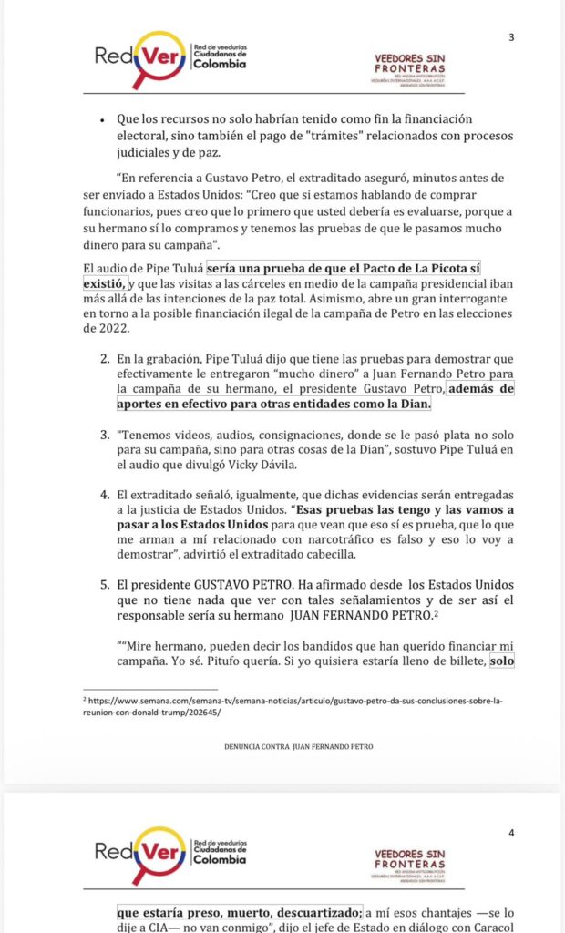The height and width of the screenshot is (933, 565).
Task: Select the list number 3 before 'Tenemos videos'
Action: (x=105, y=433)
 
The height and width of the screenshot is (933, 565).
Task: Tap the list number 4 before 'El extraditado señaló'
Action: (x=105, y=491)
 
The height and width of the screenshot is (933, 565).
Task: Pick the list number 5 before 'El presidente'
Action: (x=105, y=583)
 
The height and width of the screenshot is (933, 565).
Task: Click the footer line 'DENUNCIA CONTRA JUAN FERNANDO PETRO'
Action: (x=298, y=746)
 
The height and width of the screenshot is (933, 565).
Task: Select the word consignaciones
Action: (x=272, y=433)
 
